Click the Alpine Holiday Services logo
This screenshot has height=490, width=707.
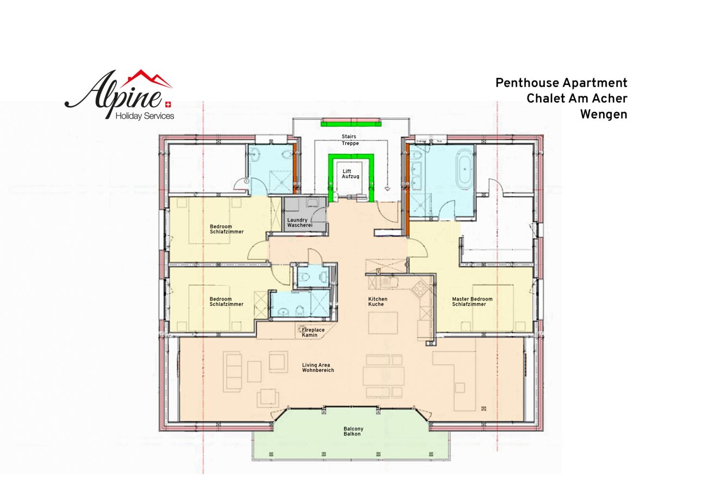tap(119, 95)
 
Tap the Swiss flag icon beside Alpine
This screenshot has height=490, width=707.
tap(168, 104)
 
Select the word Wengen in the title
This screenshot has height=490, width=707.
tap(604, 114)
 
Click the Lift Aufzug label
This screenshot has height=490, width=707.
tap(350, 174)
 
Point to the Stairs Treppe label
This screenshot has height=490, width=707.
tap(350, 139)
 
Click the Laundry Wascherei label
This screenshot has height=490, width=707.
tap(300, 223)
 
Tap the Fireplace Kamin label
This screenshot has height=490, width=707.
tap(313, 332)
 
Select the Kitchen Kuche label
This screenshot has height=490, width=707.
tap(377, 302)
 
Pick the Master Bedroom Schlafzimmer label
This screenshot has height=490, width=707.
tap(472, 302)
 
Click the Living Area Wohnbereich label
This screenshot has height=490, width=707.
tap(318, 367)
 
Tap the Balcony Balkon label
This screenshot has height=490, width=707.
tap(353, 431)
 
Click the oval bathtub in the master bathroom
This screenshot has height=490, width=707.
tap(464, 171)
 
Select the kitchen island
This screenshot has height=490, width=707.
tap(383, 322)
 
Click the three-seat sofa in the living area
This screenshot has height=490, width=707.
tap(233, 372)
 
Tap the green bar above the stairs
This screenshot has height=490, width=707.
tap(351, 122)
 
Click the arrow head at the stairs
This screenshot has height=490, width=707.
tap(387, 188)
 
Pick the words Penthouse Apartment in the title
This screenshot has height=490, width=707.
tap(561, 83)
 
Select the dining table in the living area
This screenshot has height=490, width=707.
tap(383, 376)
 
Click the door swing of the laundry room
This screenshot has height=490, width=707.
tap(318, 215)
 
